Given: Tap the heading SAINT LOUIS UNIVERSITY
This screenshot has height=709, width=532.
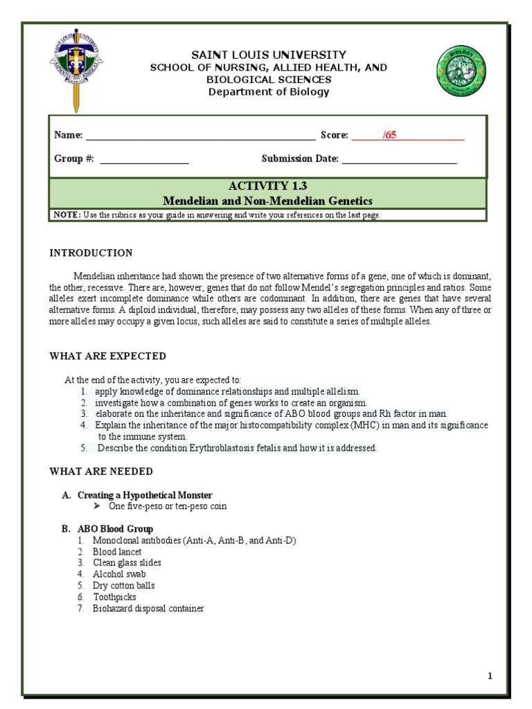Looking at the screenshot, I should [x=269, y=55].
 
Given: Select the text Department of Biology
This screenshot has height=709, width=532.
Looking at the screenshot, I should [x=269, y=91].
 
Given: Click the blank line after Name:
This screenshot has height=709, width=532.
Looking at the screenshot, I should [x=200, y=136].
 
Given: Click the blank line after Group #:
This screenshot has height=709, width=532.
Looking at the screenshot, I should [x=144, y=159].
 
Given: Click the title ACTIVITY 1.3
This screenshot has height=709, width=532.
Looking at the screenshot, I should [x=267, y=186].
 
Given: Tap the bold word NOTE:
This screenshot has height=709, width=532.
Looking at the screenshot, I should [x=68, y=215].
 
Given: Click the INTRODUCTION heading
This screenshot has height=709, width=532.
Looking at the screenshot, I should [x=91, y=253].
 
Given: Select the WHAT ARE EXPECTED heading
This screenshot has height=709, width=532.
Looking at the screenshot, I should [x=107, y=356].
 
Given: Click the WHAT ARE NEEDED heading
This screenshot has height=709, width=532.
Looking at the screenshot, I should [x=101, y=472].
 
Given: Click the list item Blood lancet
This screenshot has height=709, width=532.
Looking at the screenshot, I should [x=117, y=552].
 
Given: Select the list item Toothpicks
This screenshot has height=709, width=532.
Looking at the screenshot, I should [x=114, y=597].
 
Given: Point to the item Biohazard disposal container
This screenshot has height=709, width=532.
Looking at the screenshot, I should [x=148, y=608].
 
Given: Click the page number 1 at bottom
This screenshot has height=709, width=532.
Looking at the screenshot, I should [x=490, y=676].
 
